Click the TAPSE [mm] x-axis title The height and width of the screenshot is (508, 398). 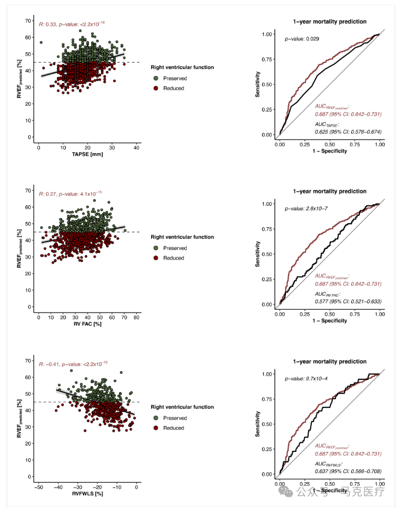pos(88,155)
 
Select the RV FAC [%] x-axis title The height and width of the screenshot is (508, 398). pos(88,324)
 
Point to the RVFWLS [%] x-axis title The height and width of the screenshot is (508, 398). pos(88,494)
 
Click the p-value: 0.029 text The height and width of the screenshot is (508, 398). pos(302,39)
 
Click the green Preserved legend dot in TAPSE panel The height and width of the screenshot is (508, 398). pos(156,78)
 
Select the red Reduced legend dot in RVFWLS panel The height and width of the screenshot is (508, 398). pos(156,428)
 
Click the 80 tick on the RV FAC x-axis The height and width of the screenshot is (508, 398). pos(136,317)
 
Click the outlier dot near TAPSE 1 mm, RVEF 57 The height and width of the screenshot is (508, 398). pos(41,42)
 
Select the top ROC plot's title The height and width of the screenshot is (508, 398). pos(330,22)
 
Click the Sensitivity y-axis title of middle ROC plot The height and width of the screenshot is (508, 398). pos(257,254)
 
